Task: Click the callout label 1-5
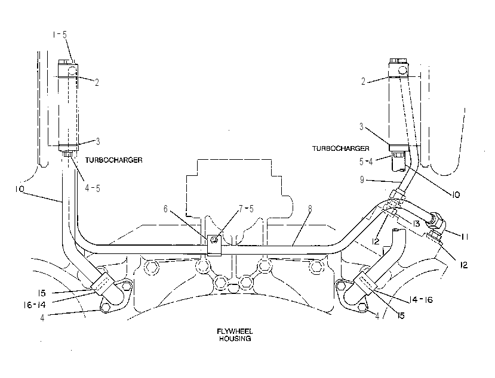[x=60, y=35]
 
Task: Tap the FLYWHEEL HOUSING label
[x=235, y=335]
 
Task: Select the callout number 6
[x=165, y=209]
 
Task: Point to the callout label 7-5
[x=246, y=209]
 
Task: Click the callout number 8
[x=310, y=209]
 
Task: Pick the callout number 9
[x=362, y=179]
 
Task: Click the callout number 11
[x=465, y=236]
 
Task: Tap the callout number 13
[x=416, y=224]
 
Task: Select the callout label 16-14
[x=34, y=305]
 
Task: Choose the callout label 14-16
[x=421, y=299]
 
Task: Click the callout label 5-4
[x=366, y=162]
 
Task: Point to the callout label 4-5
[x=93, y=188]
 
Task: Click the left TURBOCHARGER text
[x=113, y=160]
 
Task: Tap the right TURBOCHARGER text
[x=340, y=148]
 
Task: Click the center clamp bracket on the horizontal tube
[x=214, y=245]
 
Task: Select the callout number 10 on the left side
[x=19, y=189]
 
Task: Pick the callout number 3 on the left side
[x=98, y=141]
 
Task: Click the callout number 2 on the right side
[x=363, y=81]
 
